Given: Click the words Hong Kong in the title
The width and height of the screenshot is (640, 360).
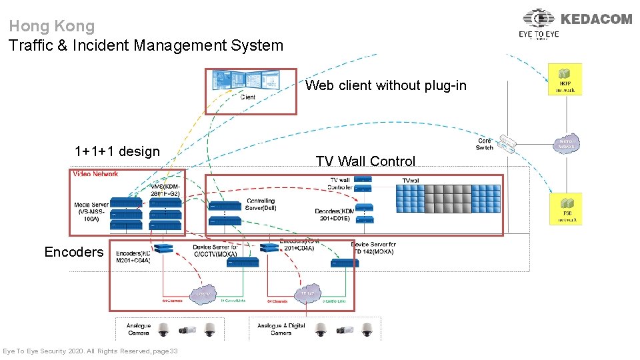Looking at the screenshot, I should coord(52,27).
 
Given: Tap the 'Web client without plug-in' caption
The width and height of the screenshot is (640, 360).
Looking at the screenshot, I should coord(386,85).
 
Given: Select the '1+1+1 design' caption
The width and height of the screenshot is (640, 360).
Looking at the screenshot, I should coord(117,151).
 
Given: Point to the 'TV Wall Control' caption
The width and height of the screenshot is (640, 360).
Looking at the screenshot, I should coord(365,161).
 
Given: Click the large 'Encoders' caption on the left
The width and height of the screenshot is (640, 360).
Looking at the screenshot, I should coord(74,252).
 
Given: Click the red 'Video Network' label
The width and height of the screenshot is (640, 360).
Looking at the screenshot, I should coord(95,174).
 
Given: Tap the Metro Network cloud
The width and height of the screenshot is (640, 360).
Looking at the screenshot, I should coord(566,144).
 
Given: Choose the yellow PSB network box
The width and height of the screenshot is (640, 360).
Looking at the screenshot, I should coord(565,209).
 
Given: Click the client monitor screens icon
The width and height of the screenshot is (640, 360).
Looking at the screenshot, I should coord(233,81).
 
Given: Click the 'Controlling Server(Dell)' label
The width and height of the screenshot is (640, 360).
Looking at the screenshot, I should coord(260,204).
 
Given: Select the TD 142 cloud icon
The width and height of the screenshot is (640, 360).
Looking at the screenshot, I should coord(307,293).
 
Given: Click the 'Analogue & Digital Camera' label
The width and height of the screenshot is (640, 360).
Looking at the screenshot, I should coord(281,329).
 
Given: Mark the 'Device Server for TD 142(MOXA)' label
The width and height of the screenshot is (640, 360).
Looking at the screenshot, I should coord(373,248).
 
